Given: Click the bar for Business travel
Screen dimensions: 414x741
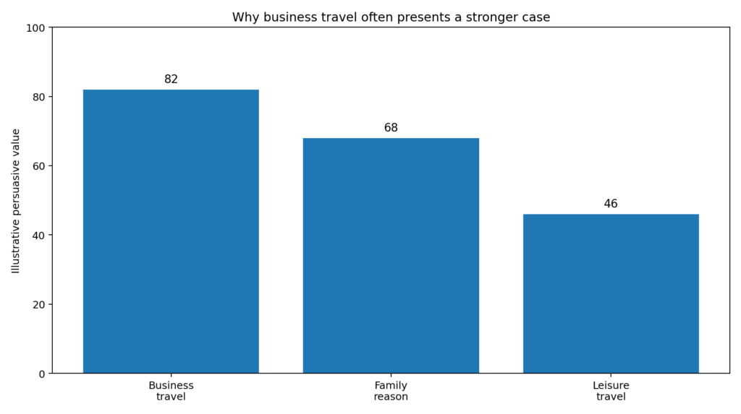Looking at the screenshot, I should (x=171, y=231).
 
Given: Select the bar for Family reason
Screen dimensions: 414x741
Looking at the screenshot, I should (x=391, y=256).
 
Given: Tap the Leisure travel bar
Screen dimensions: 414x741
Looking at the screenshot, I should (x=611, y=293).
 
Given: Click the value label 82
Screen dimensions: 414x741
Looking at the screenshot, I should (x=171, y=79).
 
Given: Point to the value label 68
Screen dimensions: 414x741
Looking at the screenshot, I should (x=391, y=128).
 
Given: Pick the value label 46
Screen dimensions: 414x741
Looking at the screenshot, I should (x=611, y=204).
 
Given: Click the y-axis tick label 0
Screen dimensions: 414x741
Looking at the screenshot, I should (x=41, y=374).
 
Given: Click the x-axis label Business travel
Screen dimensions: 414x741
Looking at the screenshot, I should (x=171, y=391).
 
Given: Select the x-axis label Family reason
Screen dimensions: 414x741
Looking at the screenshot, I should (x=391, y=391).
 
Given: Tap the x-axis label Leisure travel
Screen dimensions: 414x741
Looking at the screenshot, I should (x=611, y=391).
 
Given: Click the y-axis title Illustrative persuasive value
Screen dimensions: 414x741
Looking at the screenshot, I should (x=16, y=201).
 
